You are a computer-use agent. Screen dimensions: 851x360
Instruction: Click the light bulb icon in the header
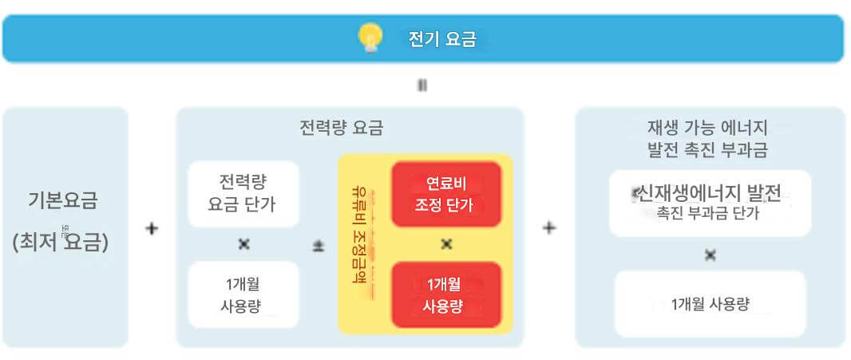(x=370, y=38)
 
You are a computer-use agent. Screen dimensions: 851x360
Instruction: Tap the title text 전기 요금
(x=441, y=39)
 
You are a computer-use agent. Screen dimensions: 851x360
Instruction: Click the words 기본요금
(x=63, y=200)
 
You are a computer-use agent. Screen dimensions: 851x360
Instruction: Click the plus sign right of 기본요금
(x=152, y=229)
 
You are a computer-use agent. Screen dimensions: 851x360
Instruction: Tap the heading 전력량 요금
(x=341, y=127)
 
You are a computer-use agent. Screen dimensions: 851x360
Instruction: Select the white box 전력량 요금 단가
(x=243, y=194)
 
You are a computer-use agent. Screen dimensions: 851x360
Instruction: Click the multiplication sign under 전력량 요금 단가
(x=243, y=244)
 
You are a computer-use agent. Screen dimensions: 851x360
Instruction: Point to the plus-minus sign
(x=318, y=247)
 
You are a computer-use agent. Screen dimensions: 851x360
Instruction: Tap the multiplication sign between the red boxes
(x=446, y=244)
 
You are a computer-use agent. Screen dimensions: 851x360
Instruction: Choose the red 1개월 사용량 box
(x=445, y=295)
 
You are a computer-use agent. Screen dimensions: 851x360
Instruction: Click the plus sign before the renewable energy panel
(x=549, y=228)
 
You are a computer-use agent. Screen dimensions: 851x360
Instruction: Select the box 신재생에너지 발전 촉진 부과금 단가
(x=709, y=203)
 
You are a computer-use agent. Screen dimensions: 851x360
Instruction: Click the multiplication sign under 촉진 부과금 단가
(x=710, y=255)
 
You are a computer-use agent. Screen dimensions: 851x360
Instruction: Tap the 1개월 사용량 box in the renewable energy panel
(x=710, y=304)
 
